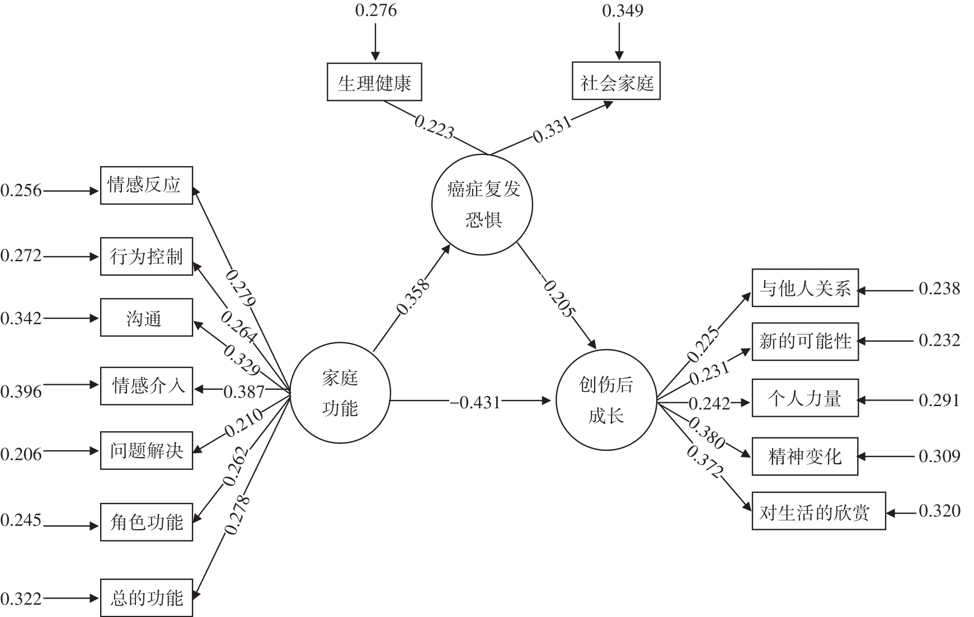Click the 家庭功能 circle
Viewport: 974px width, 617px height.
pos(340,394)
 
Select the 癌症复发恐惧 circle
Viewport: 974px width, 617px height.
pos(482,205)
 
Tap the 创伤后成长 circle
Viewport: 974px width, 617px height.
pos(606,400)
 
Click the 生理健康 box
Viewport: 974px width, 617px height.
pos(374,83)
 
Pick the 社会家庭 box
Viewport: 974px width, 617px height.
pos(616,82)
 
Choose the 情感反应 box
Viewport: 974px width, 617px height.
pos(146,185)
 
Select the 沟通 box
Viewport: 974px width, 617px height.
pos(146,318)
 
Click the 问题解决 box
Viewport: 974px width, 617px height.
pos(146,450)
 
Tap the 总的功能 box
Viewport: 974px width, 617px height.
pos(146,598)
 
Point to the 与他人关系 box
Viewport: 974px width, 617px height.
pos(804,288)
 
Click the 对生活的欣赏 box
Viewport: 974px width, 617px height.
pos(818,511)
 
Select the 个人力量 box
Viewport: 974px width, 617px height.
pos(804,398)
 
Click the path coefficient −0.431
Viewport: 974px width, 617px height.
pos(476,402)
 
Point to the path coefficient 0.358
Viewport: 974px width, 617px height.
pos(413,296)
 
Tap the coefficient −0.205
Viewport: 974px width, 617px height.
pos(559,298)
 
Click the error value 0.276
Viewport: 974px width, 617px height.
pos(376,11)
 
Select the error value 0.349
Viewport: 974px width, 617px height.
pos(622,11)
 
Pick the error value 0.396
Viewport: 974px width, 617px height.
pos(21,391)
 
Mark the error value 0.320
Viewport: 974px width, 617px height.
pos(939,511)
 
